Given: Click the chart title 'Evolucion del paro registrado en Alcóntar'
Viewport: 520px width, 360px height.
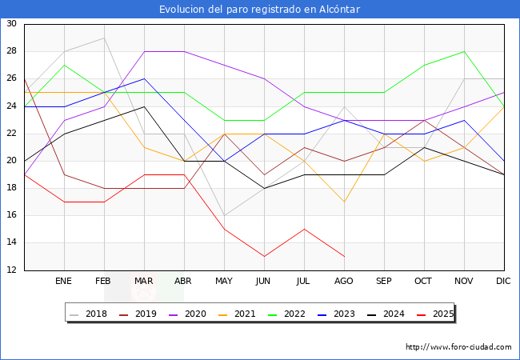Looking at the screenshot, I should point(259,10).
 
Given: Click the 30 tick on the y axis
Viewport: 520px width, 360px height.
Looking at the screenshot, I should point(12,24).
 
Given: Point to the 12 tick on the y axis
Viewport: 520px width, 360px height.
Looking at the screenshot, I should point(12,270).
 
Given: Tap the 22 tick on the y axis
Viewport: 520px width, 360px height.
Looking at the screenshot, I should point(12,134).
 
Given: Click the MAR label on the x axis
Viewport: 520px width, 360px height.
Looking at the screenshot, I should point(144,282).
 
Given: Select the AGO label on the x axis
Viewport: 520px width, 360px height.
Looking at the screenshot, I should point(344,282).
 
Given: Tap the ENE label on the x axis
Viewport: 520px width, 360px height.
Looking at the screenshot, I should point(64,282).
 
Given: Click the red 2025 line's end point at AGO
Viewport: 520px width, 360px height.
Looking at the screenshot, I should point(344,256).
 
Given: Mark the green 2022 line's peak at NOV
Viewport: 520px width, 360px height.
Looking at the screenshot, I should point(464,51).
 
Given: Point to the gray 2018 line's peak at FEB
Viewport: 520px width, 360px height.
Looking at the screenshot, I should point(104,38).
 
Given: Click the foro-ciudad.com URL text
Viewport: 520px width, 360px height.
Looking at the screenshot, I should point(458,347).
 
